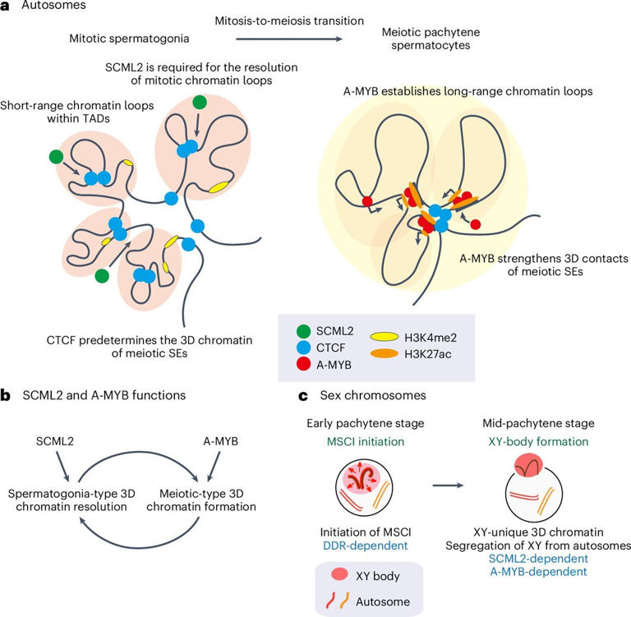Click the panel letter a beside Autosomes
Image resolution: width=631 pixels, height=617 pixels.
[7, 6]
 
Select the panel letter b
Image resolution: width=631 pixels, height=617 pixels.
[7, 396]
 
